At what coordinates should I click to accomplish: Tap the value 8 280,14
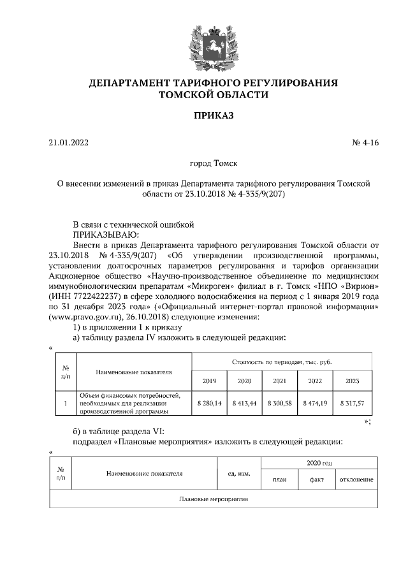coord(210,403)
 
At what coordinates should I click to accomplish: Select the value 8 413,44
coord(245,403)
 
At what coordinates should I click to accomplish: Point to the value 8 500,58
coord(280,403)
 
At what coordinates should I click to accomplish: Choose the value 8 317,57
coord(353,403)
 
